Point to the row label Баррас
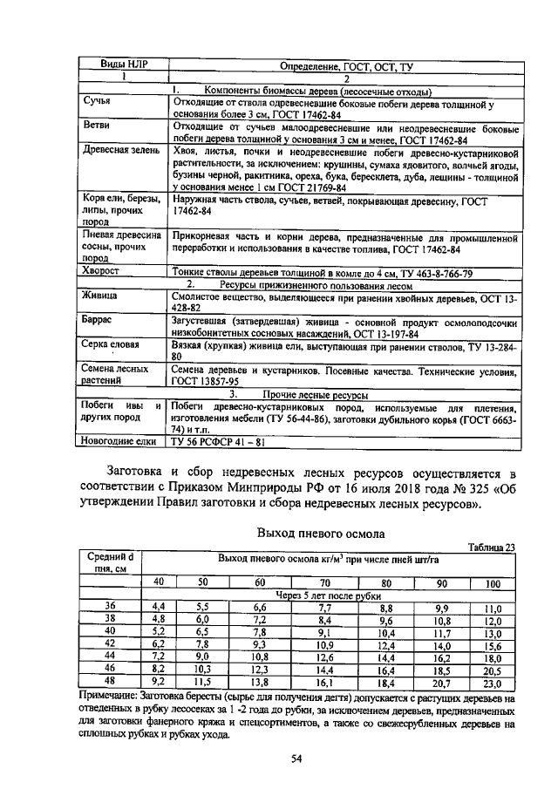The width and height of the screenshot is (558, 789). [99, 321]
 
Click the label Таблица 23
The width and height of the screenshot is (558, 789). [491, 547]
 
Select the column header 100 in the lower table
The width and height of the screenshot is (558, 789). [493, 583]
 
